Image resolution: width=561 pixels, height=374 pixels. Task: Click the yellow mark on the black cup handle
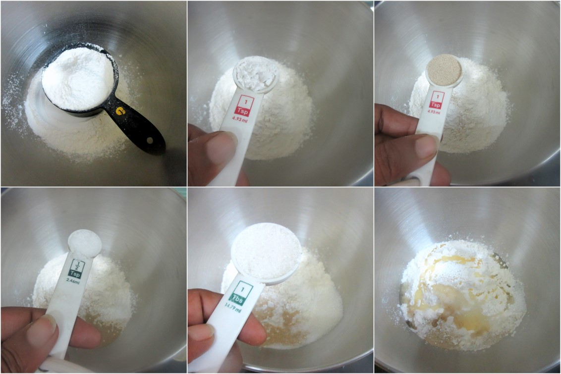[x=120, y=111]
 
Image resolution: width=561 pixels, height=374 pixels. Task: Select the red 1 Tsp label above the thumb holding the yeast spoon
[x=437, y=101]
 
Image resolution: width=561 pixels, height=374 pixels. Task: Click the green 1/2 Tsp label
[x=76, y=268]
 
